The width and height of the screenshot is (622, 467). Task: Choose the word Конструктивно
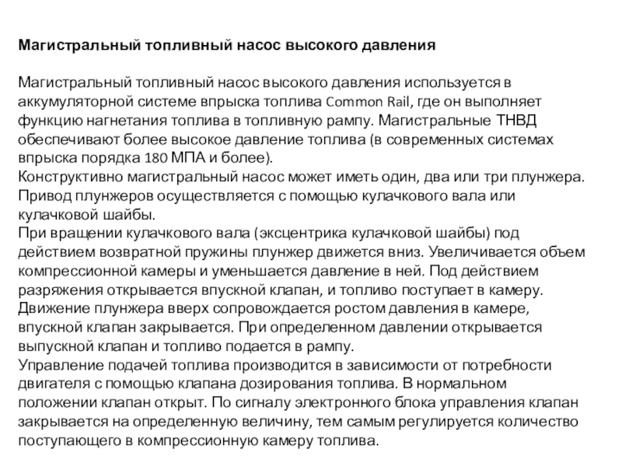65,177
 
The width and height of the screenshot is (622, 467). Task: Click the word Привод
41,195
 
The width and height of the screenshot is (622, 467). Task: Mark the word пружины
223,251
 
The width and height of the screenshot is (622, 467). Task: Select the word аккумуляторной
68,102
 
